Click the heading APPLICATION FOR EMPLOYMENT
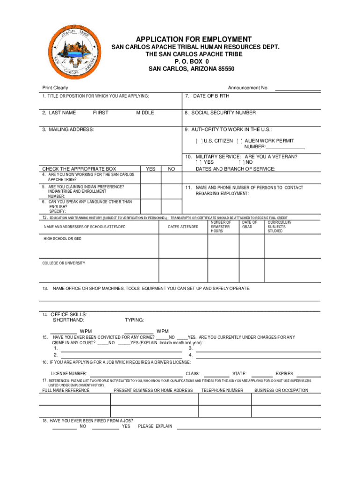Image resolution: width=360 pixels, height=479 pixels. (194, 39)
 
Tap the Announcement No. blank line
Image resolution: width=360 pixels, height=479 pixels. (297, 88)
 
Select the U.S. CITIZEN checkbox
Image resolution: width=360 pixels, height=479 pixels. (199, 141)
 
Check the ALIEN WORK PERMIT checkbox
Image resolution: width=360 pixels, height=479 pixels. (240, 141)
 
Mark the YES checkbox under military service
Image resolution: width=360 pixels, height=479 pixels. (199, 162)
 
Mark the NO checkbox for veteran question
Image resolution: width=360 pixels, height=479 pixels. (241, 162)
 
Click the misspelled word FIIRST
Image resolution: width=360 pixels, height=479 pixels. (101, 113)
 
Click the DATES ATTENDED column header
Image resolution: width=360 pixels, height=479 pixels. (183, 227)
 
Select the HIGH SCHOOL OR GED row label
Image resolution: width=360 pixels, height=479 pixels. (63, 239)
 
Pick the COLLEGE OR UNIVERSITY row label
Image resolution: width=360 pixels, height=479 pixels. (64, 263)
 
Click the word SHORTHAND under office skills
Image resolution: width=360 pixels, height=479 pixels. (69, 320)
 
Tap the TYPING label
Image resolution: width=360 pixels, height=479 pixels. (134, 320)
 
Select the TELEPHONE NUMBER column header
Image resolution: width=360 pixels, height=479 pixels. (222, 390)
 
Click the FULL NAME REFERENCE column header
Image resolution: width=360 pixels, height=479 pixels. (66, 390)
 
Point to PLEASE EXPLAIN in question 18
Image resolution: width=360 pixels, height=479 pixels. (155, 426)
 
